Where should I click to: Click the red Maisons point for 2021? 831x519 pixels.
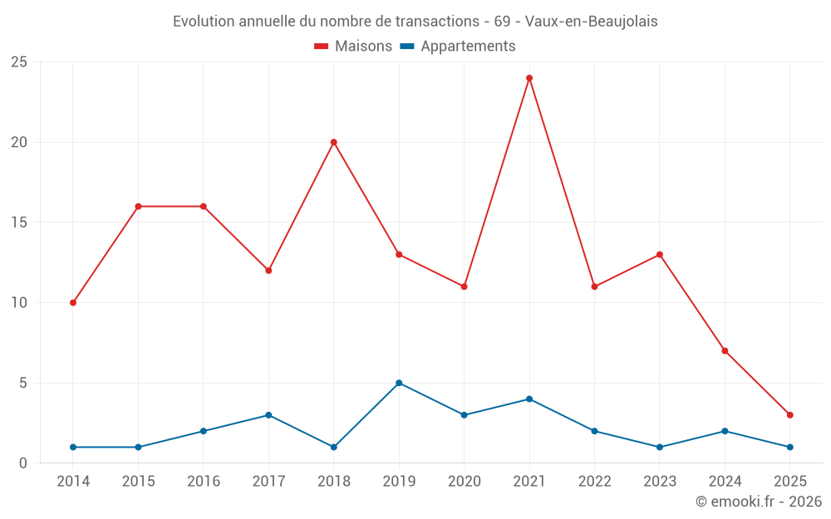(529, 78)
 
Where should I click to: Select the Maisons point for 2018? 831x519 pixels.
(334, 142)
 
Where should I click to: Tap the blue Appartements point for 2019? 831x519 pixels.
(399, 383)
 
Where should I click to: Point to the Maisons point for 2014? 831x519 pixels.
(73, 302)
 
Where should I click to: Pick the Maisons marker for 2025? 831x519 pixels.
(790, 415)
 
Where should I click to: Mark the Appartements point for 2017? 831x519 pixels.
(268, 415)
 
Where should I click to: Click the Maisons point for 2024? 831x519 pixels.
(725, 350)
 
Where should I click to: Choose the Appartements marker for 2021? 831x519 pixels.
(529, 399)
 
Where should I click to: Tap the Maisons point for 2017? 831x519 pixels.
(268, 271)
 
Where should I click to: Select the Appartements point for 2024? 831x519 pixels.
(725, 431)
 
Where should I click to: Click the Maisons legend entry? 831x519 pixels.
(353, 47)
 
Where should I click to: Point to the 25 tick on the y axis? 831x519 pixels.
(19, 62)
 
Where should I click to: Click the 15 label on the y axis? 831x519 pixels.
(19, 223)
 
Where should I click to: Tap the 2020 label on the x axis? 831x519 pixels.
(464, 482)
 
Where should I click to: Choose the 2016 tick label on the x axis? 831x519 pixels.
(204, 482)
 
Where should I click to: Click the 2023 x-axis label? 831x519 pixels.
(660, 482)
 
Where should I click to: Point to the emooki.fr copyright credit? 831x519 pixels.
(759, 502)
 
